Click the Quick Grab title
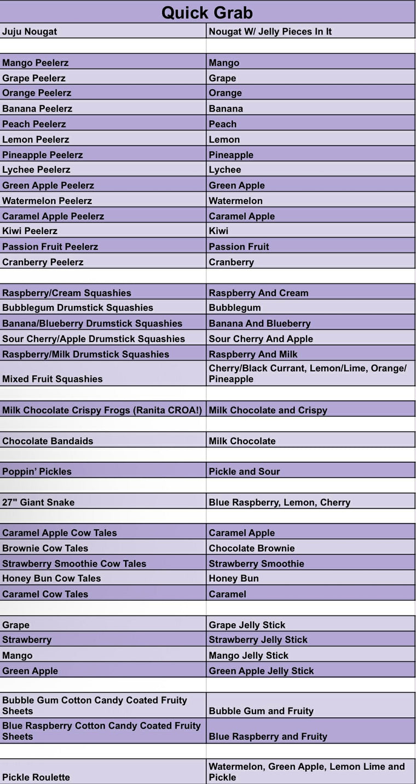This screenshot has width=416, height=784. pyautogui.click(x=207, y=12)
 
